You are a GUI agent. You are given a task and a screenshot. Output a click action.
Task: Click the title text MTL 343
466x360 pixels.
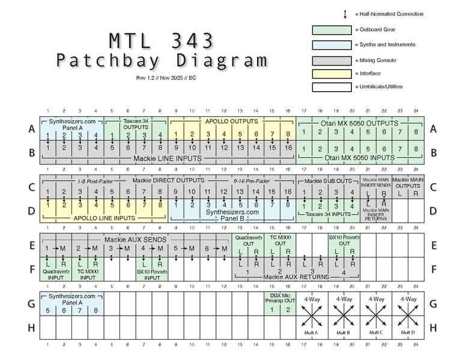point(162,41)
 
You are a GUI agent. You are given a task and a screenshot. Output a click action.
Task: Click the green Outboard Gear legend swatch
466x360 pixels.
point(331,30)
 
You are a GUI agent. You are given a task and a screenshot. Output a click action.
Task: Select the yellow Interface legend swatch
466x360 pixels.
point(331,74)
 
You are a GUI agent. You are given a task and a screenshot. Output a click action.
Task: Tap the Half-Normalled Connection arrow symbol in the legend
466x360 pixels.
point(345,14)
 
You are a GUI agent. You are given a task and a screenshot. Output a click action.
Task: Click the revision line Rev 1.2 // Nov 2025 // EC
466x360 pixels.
point(166,78)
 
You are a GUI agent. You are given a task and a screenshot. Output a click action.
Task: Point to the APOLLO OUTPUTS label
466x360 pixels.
point(232,121)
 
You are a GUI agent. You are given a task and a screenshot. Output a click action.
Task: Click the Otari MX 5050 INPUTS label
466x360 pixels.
point(359,158)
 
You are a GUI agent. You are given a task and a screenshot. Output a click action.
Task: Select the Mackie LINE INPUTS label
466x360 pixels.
point(168,158)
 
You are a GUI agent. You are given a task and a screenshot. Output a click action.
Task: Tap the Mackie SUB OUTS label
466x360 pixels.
point(328,181)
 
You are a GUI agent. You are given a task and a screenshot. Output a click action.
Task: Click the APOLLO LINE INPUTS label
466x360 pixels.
point(104,218)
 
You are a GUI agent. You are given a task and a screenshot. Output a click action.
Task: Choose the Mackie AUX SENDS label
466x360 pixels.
point(135,240)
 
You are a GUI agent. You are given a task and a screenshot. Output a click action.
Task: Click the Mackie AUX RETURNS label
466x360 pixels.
point(296,277)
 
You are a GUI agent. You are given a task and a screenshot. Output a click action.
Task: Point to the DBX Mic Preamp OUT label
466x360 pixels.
point(280,298)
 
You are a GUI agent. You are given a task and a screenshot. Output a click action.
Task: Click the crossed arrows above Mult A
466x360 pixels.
point(312,316)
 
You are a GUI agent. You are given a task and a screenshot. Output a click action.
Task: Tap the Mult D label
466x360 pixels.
point(408,332)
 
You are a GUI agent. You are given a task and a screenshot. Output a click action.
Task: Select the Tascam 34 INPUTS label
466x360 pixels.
point(328,214)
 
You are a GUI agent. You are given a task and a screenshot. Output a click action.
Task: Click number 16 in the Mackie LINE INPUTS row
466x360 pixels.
point(288,148)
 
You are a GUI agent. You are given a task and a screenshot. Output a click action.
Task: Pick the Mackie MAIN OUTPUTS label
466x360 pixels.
point(408,182)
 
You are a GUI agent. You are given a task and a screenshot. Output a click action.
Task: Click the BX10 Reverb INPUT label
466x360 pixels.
point(152,275)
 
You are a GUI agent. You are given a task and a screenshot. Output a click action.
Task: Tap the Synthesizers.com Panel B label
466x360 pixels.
point(232,215)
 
